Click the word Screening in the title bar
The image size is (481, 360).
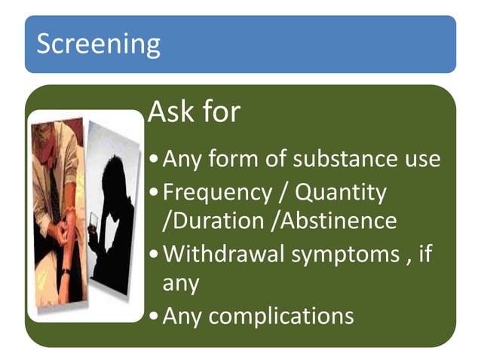click(98, 44)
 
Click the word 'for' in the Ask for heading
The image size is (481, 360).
click(222, 112)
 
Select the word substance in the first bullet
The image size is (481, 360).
click(333, 160)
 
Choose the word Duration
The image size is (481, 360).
click(218, 221)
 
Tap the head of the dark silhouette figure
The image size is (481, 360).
click(115, 177)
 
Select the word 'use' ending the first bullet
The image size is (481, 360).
click(420, 160)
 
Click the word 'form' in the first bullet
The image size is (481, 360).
click(234, 160)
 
